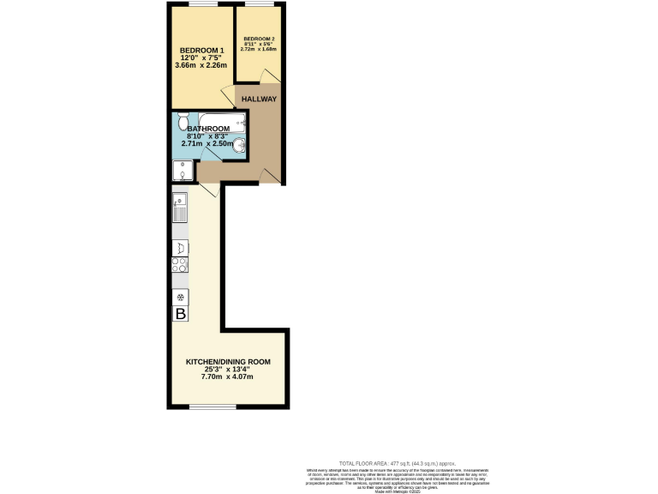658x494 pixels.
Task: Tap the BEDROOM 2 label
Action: point(259,39)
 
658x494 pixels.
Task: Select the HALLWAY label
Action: point(258,99)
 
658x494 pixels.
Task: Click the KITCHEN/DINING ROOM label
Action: point(228,362)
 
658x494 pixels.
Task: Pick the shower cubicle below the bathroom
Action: point(182,172)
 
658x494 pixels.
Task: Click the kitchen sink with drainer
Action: point(180,208)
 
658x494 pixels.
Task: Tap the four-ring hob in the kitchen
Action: point(181,265)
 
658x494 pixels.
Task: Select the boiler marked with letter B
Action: point(181,315)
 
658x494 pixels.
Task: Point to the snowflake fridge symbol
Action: point(181,297)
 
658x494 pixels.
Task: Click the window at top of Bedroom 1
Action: point(202,4)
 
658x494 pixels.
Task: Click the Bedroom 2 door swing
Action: point(272,79)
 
